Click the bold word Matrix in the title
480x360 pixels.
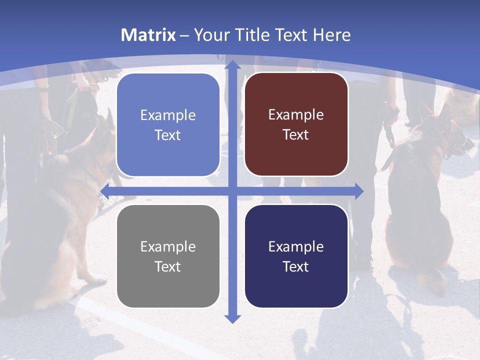click(148, 35)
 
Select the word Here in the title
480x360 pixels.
click(332, 35)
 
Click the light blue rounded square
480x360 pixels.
click(168, 125)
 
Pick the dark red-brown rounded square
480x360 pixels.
click(296, 124)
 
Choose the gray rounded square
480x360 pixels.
click(168, 256)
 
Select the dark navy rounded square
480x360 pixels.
click(296, 256)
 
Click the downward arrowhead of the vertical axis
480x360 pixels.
click(232, 318)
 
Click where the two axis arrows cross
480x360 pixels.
click(232, 191)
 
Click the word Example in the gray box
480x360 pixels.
click(168, 246)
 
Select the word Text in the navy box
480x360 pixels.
click(296, 266)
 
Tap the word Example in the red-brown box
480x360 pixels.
click(296, 115)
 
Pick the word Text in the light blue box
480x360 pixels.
click(168, 135)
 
